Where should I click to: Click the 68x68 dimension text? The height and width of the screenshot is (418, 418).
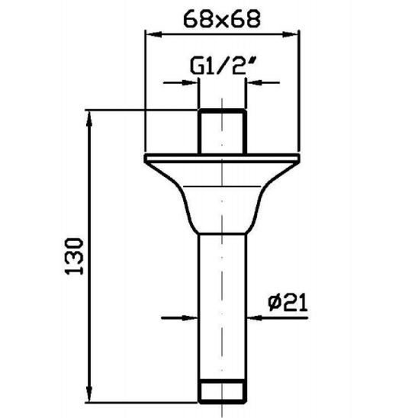click(x=221, y=18)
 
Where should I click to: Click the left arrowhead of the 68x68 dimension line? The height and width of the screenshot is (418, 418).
click(x=150, y=34)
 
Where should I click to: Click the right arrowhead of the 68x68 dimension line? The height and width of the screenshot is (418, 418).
click(x=292, y=34)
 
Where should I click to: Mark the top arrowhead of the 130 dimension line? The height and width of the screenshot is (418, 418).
click(x=91, y=117)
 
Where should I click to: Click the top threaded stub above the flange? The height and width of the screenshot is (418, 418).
click(x=221, y=132)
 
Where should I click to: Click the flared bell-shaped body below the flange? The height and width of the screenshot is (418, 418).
click(x=221, y=198)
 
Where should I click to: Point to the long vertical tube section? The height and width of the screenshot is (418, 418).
click(x=221, y=305)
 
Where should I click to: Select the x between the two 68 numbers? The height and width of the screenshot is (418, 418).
click(x=221, y=20)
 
